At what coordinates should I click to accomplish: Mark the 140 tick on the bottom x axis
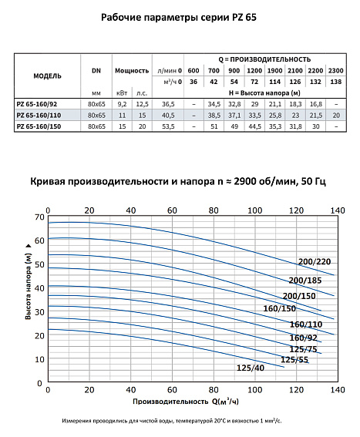coord(335,390)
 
